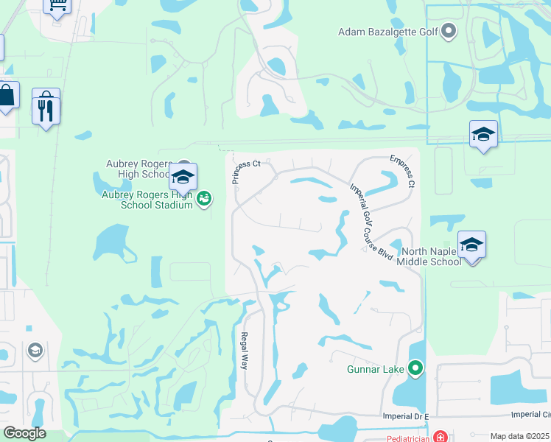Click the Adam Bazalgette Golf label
click(387, 31)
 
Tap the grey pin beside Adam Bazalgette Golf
click(449, 31)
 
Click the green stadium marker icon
click(204, 197)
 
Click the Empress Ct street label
click(403, 170)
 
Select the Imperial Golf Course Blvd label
click(371, 222)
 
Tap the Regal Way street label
click(245, 350)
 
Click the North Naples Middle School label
click(430, 256)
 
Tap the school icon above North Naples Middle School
click(471, 244)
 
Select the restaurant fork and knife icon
click(46, 109)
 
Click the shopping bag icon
click(6, 96)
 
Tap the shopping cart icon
click(57, 6)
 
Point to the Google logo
click(24, 433)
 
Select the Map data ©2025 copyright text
click(519, 436)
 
